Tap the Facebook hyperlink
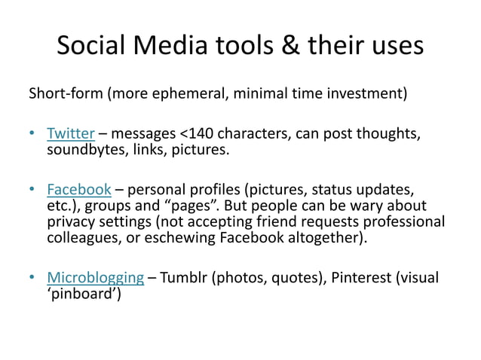click(79, 188)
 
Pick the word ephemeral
click(190, 95)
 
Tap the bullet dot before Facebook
click(32, 189)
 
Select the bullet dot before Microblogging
click(32, 277)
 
